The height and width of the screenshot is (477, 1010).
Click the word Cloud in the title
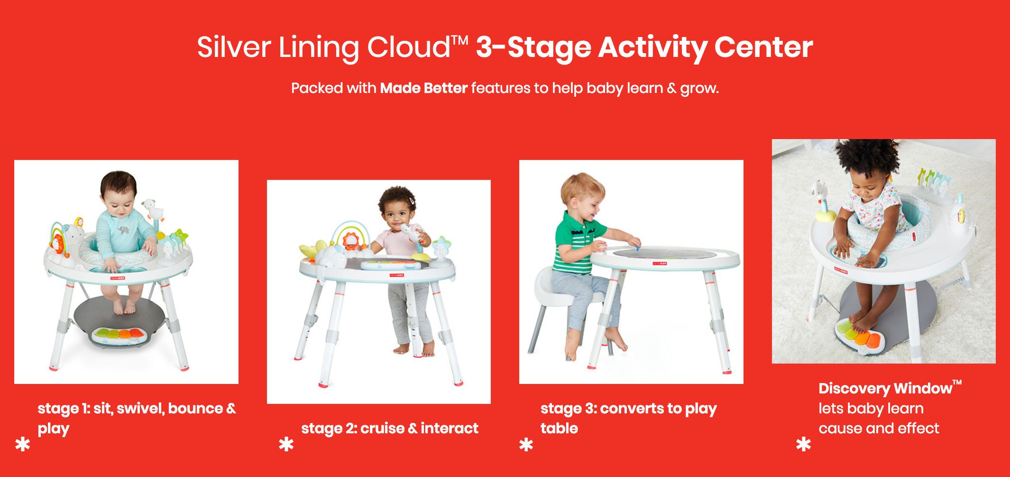pos(408,47)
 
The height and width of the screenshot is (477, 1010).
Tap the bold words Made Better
pos(424,88)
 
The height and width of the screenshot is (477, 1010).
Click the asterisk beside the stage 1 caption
pos(22,444)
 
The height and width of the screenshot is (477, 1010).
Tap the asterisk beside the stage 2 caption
pos(286,444)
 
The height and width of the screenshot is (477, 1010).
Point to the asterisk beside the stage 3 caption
pos(526,444)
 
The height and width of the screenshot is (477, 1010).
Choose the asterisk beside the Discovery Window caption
pos(803,444)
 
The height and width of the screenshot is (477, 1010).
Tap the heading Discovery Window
pos(890,388)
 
